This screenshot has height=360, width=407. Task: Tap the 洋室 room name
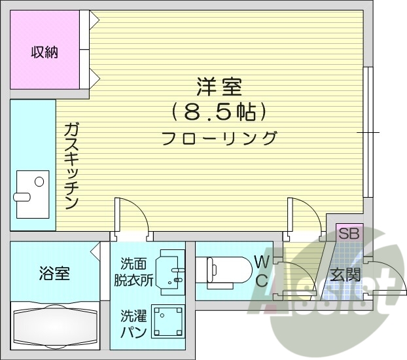pyautogui.click(x=219, y=86)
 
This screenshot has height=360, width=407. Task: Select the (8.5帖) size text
pyautogui.click(x=219, y=112)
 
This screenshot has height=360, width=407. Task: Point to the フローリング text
pyautogui.click(x=219, y=138)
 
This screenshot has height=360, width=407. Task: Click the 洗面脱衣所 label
pyautogui.click(x=136, y=272)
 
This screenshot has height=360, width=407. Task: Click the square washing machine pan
pyautogui.click(x=168, y=322)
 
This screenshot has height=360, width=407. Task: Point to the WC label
pyautogui.click(x=262, y=272)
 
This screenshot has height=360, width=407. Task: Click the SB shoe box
pyautogui.click(x=347, y=232)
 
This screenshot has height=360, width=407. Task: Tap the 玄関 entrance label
pyautogui.click(x=345, y=275)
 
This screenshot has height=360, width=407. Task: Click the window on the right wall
pyautogui.click(x=369, y=132)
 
